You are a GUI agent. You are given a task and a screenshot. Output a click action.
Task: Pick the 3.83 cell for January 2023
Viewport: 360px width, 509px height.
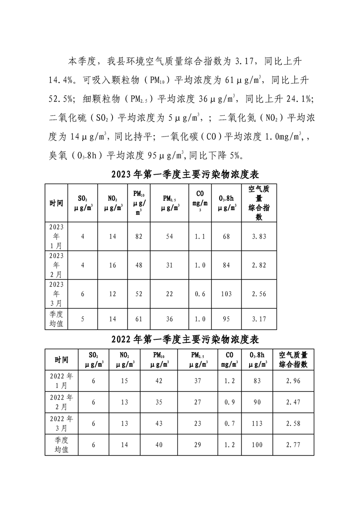tap(259, 236)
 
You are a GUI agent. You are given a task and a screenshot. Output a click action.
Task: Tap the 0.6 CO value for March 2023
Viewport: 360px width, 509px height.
tap(200, 294)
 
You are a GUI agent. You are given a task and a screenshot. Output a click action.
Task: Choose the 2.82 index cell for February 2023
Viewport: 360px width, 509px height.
tap(259, 265)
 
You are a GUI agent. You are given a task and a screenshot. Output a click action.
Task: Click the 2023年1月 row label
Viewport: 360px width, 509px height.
tap(56, 236)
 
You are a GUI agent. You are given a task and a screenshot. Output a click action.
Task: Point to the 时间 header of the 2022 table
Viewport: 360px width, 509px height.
tap(62, 360)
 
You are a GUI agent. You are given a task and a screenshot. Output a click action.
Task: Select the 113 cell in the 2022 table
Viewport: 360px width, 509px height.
tap(257, 423)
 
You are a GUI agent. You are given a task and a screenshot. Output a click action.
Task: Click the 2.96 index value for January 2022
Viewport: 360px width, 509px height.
tap(293, 381)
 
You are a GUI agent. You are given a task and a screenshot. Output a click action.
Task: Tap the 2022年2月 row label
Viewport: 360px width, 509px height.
tap(62, 402)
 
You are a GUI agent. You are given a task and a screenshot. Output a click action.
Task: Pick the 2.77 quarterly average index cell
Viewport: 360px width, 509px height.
tap(293, 445)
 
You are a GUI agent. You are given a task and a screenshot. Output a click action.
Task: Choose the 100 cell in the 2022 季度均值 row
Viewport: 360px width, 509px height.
tap(257, 445)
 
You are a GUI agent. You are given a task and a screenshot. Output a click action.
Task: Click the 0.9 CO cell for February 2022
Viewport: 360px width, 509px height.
tap(229, 402)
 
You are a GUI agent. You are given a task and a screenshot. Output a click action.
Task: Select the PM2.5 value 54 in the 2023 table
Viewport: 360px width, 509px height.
tap(169, 236)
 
